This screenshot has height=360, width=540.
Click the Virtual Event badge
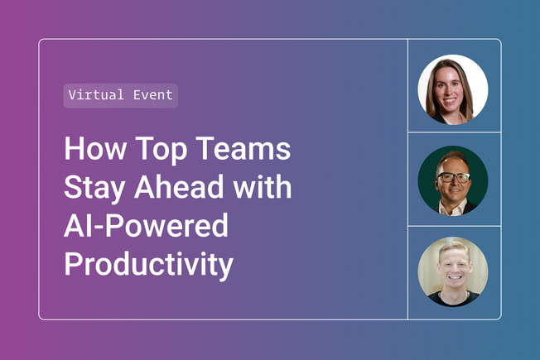[121, 95]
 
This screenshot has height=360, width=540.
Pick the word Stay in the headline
[93, 189]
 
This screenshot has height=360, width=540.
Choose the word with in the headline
[263, 189]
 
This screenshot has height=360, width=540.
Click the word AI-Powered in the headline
[146, 227]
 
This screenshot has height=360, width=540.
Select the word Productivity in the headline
[148, 265]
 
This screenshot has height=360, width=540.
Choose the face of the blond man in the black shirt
[452, 269]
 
